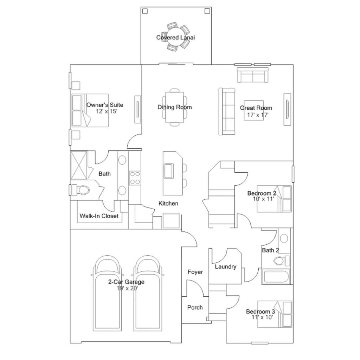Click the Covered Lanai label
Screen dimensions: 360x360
coord(175,37)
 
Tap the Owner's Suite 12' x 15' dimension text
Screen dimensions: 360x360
coord(107,111)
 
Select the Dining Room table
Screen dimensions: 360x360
coord(174,107)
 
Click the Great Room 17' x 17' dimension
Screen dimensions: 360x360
coord(258,115)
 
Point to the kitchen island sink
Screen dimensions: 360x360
coord(169,171)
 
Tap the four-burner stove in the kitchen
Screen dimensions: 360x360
coord(135,178)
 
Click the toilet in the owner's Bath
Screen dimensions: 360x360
coord(81,190)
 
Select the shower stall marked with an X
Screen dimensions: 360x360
coord(79,165)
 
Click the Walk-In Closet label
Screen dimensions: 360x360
coord(99,216)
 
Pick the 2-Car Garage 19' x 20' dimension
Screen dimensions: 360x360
coord(127,288)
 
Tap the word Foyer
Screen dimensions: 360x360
coord(195,272)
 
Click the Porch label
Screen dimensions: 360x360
coord(195,307)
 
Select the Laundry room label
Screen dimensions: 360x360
coord(225,267)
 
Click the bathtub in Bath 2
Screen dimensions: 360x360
coord(276,277)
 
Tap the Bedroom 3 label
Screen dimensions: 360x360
coord(261,311)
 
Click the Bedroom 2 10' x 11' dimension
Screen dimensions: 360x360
coord(264,199)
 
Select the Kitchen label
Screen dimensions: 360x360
coord(168,204)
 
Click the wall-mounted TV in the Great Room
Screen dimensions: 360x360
coord(287,109)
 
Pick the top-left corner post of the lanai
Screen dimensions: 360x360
coord(145,11)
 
